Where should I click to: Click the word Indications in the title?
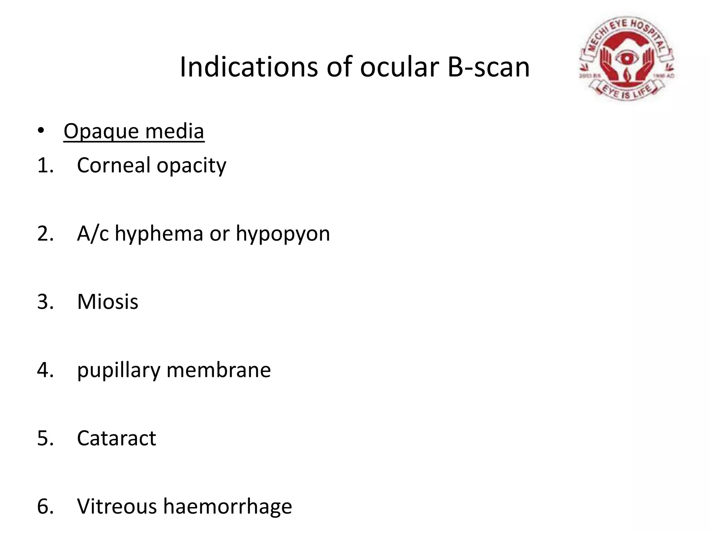249,67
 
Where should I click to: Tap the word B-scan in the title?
488,67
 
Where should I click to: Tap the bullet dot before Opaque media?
41,131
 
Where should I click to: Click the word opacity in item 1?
191,166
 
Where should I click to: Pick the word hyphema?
159,234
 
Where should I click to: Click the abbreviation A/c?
93,233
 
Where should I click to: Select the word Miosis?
107,302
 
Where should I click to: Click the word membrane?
219,370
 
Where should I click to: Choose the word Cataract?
116,438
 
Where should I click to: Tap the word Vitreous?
117,506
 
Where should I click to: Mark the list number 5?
45,438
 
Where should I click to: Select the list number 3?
45,302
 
